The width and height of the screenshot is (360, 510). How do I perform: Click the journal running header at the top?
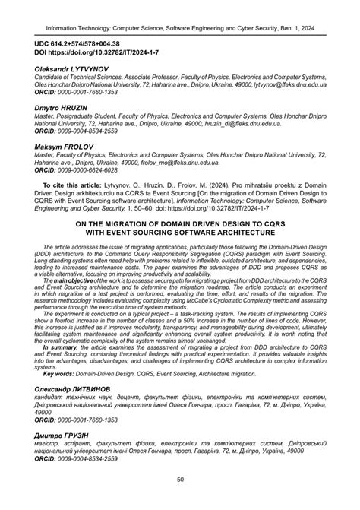coord(180,13)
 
